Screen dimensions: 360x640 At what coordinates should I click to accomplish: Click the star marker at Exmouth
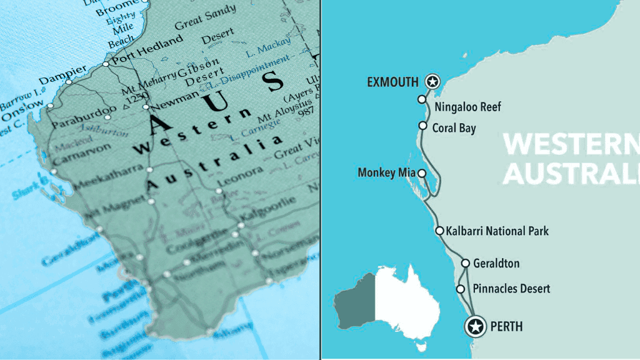[x=432, y=81]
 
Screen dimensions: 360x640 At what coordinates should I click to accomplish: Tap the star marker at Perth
[x=476, y=326]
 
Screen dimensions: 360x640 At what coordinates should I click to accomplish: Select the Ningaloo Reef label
[x=467, y=107]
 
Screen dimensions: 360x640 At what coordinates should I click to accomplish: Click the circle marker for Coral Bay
[x=422, y=126]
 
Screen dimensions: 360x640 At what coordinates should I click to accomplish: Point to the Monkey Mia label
[x=386, y=172]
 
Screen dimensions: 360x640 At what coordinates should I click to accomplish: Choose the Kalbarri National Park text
[x=497, y=231]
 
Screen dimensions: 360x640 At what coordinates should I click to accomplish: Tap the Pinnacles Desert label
[x=511, y=289]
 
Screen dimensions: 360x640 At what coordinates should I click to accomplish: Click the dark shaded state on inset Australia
[x=355, y=303]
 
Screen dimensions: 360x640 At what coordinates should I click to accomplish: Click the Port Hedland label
[x=147, y=50]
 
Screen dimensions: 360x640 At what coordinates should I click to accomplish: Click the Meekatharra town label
[x=107, y=177]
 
